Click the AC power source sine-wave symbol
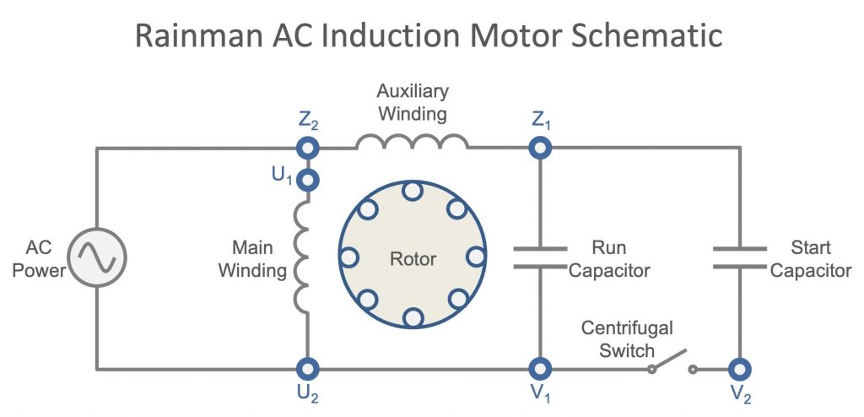tap(97, 257)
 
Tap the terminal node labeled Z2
tap(308, 149)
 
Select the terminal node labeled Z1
tap(540, 149)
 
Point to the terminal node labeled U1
tap(308, 179)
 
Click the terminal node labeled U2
tap(308, 369)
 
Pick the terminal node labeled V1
tap(540, 369)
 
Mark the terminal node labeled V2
tap(740, 369)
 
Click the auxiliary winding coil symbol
tap(412, 142)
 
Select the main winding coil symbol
tap(302, 257)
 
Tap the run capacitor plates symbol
tap(540, 257)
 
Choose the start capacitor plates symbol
tap(740, 257)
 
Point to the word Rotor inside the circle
tap(413, 258)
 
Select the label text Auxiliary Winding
tap(412, 100)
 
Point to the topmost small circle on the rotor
tap(413, 192)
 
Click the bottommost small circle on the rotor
tap(413, 317)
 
